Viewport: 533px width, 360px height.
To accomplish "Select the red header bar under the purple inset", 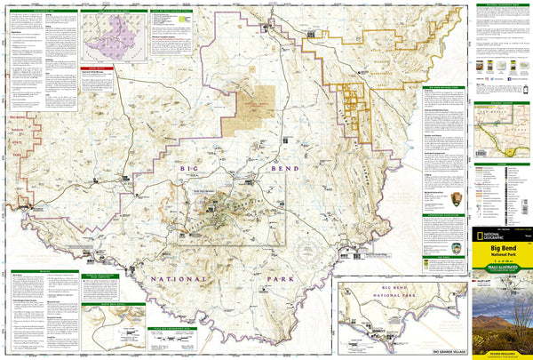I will tap(92, 68).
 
